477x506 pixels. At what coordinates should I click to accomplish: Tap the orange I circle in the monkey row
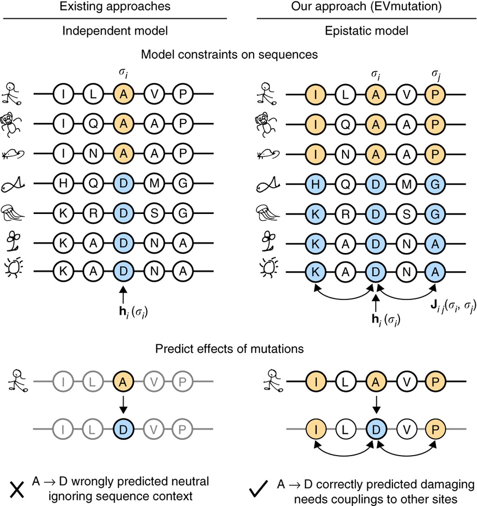(x=316, y=124)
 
